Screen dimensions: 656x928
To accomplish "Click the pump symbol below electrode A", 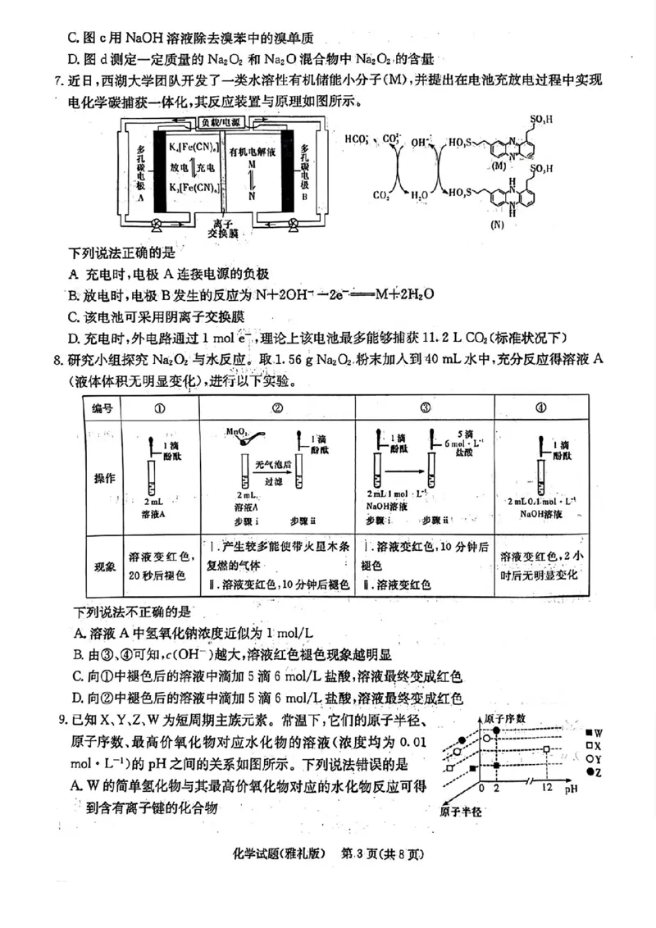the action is (157, 222).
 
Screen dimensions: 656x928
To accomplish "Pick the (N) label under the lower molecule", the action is (498, 223).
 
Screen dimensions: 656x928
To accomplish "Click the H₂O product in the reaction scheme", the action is (419, 195).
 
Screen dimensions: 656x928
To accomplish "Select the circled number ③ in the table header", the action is (426, 408).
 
